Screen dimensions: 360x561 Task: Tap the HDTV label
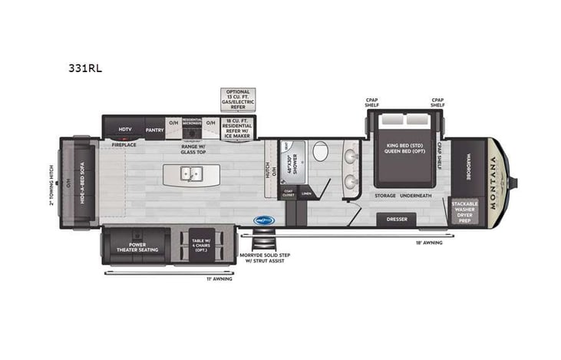(x=125, y=129)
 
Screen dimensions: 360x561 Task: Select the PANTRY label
(x=154, y=129)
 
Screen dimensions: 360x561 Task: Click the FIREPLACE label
(x=124, y=145)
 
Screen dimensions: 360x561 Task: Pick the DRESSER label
(x=397, y=220)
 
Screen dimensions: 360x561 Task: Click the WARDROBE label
(x=467, y=164)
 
